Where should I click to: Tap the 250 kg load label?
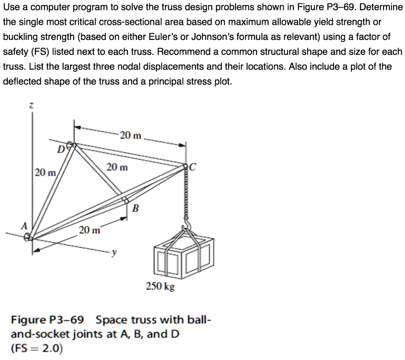point(160,286)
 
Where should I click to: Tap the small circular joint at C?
point(186,167)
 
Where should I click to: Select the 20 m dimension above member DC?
point(131,136)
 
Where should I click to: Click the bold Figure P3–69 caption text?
point(50,319)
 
